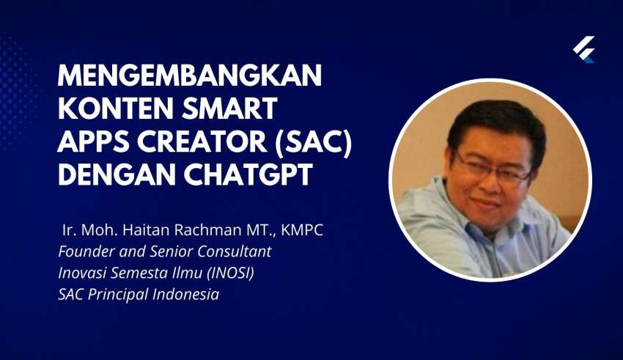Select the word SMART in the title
tap(229, 108)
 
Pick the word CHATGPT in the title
tap(248, 174)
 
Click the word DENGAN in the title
tap(117, 174)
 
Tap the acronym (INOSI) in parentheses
tap(231, 273)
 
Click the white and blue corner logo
tap(583, 49)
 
